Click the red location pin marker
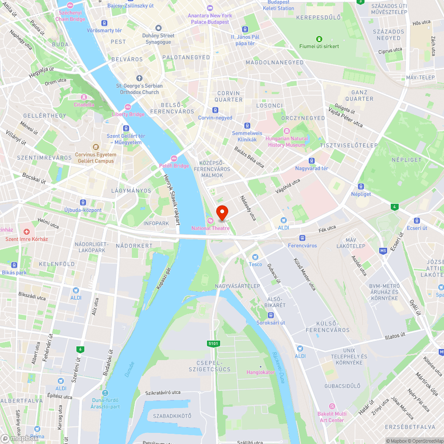point(222,212)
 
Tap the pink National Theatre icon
point(210,221)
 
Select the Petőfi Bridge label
point(174,166)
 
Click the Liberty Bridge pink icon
point(128,107)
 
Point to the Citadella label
point(84,105)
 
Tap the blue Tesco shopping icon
point(255,257)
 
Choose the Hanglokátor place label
point(261,372)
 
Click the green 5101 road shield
point(214,343)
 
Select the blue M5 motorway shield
point(383,251)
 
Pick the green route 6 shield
point(80,349)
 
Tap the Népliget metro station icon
point(361,186)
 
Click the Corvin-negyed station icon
point(215,110)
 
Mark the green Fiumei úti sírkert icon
point(319,39)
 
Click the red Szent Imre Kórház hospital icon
point(27,232)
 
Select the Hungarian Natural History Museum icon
point(286,131)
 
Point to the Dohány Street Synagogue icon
point(159,28)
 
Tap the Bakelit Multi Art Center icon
point(331,406)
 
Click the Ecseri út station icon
point(416,221)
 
